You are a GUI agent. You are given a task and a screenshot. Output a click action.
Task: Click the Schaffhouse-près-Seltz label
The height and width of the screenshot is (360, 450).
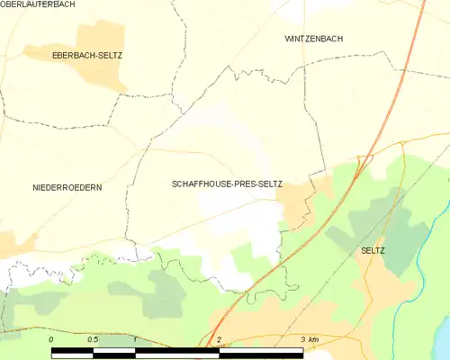227,184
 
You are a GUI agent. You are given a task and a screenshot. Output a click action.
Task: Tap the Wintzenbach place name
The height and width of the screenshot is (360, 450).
313,39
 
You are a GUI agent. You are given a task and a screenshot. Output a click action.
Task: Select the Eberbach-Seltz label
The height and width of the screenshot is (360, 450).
85,56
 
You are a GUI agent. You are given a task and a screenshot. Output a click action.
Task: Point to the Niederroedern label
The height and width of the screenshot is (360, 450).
67,187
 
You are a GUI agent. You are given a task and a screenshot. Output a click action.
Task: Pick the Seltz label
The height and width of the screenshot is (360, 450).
372,250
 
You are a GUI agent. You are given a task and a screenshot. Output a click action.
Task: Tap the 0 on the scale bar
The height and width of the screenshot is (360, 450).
52,339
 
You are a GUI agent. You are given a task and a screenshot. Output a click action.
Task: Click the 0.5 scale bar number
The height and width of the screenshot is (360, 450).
93,339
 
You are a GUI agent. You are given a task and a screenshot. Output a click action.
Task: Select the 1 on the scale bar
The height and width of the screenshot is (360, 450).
134,339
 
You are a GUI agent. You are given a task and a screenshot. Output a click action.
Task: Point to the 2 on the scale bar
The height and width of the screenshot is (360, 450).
219,339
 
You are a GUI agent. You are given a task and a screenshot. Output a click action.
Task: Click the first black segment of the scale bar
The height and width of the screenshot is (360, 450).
72,349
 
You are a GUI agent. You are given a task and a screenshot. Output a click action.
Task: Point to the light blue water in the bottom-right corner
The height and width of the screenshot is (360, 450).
443,342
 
